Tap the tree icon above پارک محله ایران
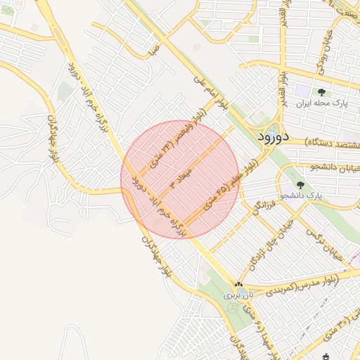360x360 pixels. pyautogui.click(x=321, y=92)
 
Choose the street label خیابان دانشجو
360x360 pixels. pyautogui.click(x=334, y=167)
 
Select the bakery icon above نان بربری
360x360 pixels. pyautogui.click(x=238, y=284)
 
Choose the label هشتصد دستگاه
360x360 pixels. pyautogui.click(x=335, y=143)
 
